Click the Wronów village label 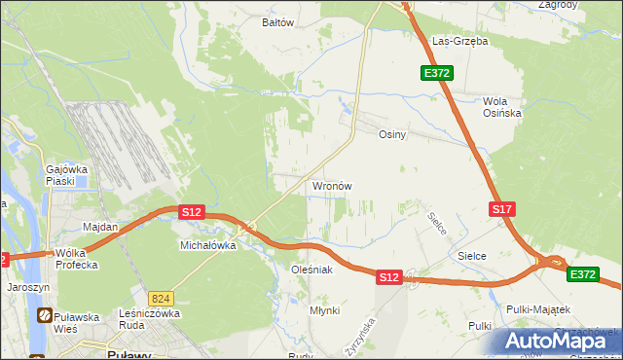point(331,185)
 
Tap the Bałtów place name point(277,21)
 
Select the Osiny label point(391,135)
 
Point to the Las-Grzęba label point(459,42)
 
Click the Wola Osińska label point(502,106)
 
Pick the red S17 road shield point(501,209)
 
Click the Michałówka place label point(208,245)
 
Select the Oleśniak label point(312,269)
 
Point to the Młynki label point(324,310)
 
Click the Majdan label point(100,227)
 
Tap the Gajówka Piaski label point(59,175)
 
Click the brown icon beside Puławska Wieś point(45,316)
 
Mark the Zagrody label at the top point(556,5)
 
